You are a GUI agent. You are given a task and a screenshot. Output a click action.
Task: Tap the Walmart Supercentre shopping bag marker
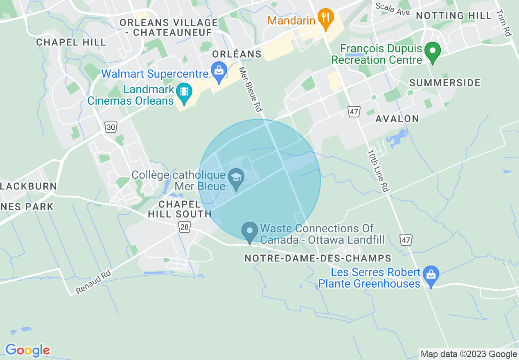pyautogui.click(x=219, y=72)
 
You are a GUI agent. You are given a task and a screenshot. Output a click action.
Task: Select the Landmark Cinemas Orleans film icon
pyautogui.click(x=185, y=92)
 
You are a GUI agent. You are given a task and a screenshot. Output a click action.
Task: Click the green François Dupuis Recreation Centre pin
pyautogui.click(x=432, y=52)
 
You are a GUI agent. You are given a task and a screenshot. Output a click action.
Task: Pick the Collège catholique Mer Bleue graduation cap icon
pyautogui.click(x=236, y=178)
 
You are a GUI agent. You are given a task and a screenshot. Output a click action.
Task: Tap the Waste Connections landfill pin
pyautogui.click(x=249, y=232)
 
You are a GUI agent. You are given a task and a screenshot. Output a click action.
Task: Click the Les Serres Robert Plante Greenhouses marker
pyautogui.click(x=431, y=275)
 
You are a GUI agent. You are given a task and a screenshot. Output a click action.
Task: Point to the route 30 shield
pyautogui.click(x=111, y=127)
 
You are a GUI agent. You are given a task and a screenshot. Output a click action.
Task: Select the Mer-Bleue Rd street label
pyautogui.click(x=250, y=90)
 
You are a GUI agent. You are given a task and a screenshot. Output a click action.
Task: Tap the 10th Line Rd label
pyautogui.click(x=377, y=171)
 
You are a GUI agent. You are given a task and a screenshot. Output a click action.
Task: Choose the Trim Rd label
pyautogui.click(x=504, y=23)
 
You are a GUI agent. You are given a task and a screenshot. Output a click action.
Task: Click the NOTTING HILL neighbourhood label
pyautogui.click(x=454, y=16)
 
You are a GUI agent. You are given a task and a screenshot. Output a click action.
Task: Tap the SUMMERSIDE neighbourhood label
pyautogui.click(x=445, y=83)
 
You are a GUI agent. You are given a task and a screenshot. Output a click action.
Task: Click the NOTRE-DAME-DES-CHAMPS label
pyautogui.click(x=318, y=259)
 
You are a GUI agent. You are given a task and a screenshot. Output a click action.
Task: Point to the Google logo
pyautogui.click(x=27, y=350)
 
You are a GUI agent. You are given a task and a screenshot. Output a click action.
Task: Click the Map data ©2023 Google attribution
pyautogui.click(x=469, y=354)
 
